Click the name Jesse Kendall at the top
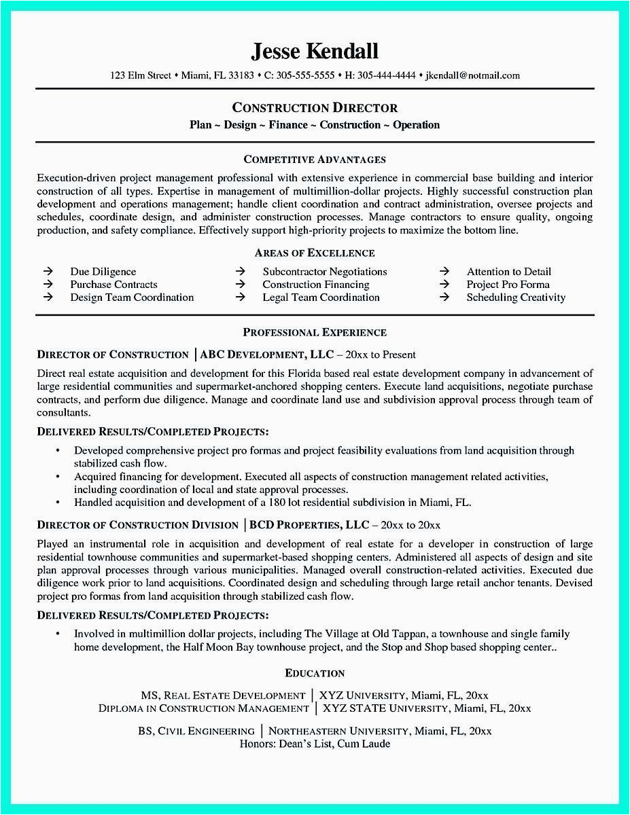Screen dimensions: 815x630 [315, 51]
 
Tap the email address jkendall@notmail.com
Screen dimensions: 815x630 [472, 75]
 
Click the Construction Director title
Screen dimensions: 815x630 [315, 107]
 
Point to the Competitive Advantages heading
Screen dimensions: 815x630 [315, 160]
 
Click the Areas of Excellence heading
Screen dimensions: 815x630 [315, 253]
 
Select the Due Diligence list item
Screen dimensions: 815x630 [103, 272]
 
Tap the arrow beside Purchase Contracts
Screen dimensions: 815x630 [48, 285]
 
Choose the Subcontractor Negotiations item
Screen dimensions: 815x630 [324, 272]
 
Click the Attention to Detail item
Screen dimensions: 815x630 [508, 272]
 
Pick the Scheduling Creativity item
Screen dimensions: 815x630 [515, 297]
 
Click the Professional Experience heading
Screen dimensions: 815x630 [315, 332]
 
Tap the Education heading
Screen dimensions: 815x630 [315, 673]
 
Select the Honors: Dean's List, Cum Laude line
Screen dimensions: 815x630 [315, 744]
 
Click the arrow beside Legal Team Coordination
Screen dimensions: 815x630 [241, 297]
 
